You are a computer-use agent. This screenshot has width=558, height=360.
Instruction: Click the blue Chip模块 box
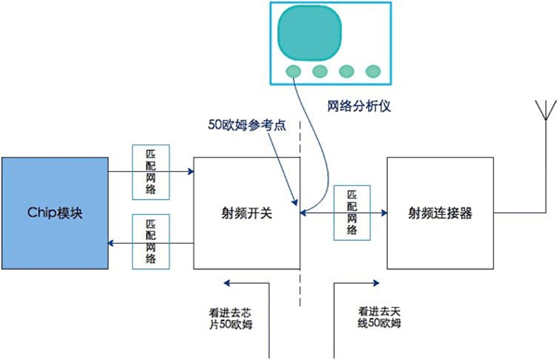coord(55,213)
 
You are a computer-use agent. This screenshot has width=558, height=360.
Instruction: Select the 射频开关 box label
coord(246,213)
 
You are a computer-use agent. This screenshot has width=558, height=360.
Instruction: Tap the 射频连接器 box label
coord(440,213)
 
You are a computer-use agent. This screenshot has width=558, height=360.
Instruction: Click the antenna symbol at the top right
coord(546,110)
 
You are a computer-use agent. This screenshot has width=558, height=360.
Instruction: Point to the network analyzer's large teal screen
coord(310,32)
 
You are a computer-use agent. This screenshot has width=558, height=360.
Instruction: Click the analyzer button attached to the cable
coord(293,72)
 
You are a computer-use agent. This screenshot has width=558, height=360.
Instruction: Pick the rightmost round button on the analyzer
coord(373,72)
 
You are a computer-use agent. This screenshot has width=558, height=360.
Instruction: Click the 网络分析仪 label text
coord(359,106)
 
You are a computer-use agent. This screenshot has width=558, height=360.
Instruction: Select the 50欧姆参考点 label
coord(247,125)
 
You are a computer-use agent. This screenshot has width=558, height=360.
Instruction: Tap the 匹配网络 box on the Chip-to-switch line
coord(151,172)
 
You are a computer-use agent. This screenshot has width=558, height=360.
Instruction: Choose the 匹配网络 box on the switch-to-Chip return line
coord(151,242)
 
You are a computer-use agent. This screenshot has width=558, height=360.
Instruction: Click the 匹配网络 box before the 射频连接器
coord(352,213)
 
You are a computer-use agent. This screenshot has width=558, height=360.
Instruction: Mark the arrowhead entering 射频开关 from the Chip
coord(191,172)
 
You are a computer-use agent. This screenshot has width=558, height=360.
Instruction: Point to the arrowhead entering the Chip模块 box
coord(111,243)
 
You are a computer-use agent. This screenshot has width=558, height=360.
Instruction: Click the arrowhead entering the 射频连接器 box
coord(384,213)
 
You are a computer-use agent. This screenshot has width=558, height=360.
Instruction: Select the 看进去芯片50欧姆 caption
coord(231,319)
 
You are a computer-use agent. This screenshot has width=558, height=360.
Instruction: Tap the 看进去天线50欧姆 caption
coord(379,317)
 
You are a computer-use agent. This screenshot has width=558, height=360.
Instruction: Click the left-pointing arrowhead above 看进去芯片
coord(227,283)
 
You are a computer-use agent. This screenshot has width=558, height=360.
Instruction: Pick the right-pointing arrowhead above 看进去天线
coord(376,283)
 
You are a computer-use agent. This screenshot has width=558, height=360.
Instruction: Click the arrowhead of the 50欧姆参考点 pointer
coord(295,202)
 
